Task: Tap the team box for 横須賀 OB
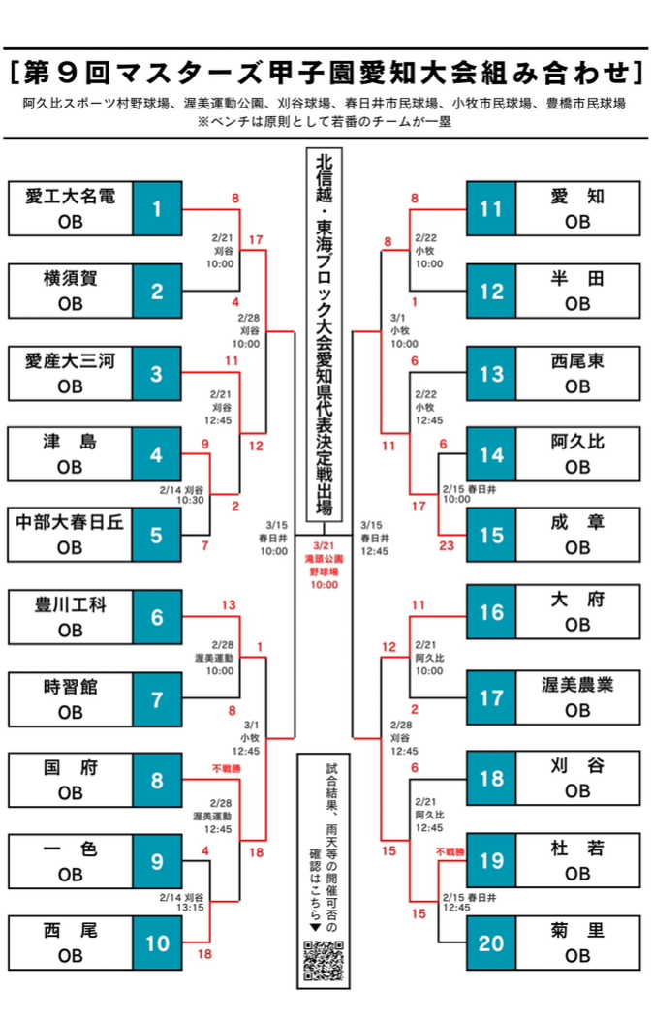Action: click(70, 291)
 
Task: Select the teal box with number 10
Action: click(157, 942)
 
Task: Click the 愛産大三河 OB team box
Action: click(70, 373)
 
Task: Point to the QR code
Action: click(324, 960)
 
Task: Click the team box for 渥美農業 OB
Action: click(577, 697)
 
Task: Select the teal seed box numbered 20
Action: click(491, 942)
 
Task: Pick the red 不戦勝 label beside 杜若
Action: click(450, 852)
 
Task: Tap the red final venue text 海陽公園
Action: click(325, 560)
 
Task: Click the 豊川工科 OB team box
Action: click(70, 617)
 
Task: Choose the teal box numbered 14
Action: click(491, 453)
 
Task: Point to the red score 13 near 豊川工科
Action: click(229, 605)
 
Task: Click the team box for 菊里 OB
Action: click(577, 942)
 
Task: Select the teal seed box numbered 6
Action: click(157, 617)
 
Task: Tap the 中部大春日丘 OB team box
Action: click(70, 535)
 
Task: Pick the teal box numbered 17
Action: click(491, 697)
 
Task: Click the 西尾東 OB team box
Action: click(577, 373)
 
